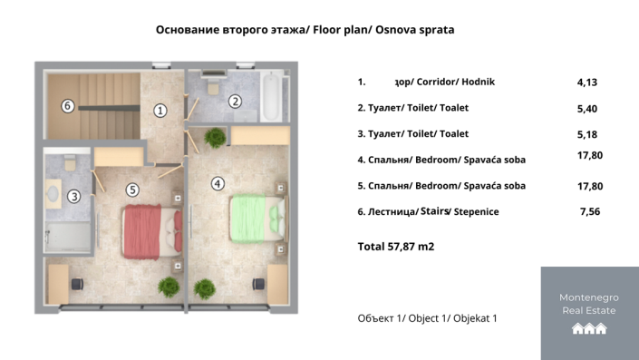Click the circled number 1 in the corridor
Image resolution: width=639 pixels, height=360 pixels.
160,111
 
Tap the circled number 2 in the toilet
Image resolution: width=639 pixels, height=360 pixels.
235,102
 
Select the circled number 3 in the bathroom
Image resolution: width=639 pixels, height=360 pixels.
74,195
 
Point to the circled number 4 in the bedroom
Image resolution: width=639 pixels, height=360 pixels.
218,183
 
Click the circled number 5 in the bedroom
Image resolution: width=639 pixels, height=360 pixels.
132,190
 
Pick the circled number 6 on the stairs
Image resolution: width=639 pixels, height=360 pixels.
67,105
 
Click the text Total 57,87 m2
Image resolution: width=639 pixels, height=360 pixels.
396,246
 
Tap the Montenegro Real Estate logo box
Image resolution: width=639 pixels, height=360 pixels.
589,313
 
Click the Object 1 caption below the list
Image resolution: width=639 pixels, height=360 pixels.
428,318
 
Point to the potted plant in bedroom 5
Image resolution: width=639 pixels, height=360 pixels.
169,286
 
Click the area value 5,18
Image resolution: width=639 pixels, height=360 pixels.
587,134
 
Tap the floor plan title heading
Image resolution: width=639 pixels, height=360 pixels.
305,29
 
